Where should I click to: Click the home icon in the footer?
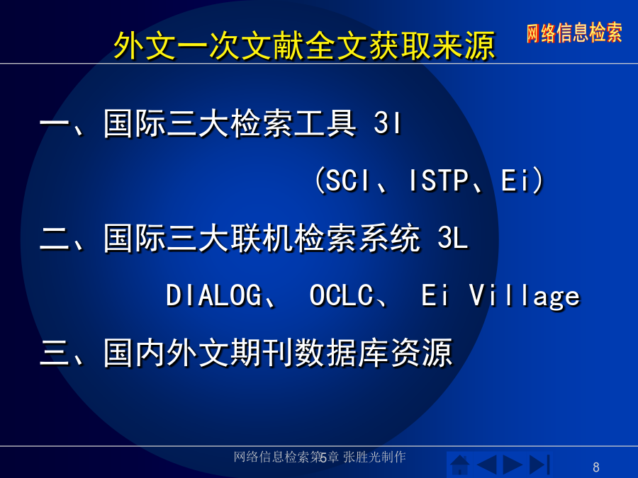coord(460,465)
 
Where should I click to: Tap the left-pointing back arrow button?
coord(486,465)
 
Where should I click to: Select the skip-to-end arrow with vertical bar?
coord(539,465)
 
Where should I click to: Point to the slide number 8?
coord(596,467)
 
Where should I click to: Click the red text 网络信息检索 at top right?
coord(574,33)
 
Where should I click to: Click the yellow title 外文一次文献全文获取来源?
coord(304,45)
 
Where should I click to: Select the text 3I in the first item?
coord(387,123)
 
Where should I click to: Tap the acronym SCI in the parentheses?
coord(347,180)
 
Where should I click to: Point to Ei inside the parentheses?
coord(515,180)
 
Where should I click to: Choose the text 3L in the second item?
coord(452,237)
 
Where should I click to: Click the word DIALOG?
coord(213,295)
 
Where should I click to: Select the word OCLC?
coord(341,295)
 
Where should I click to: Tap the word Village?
coord(525,295)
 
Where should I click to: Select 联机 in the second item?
coord(262,238)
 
